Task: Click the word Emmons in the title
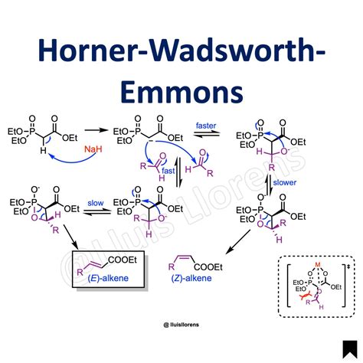coord(181,92)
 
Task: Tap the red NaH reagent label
coord(93,149)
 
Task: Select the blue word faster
coord(206,126)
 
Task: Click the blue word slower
coord(285,182)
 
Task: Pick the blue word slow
coord(96,203)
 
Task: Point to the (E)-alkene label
coord(108,278)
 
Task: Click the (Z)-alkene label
coord(191,278)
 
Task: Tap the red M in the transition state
coord(318,265)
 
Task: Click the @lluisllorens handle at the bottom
coord(181,325)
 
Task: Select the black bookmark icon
coord(350,349)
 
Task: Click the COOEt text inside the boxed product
coord(123,260)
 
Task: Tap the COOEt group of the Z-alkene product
coord(208,267)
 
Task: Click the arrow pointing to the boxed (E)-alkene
coord(70,237)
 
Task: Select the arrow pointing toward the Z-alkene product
coord(238,242)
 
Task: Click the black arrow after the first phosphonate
coord(96,130)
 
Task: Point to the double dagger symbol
coord(348,267)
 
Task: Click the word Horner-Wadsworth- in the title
coord(181,51)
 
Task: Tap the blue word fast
coord(168,171)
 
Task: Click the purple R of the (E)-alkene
coord(80,272)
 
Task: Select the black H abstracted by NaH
coord(43,150)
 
